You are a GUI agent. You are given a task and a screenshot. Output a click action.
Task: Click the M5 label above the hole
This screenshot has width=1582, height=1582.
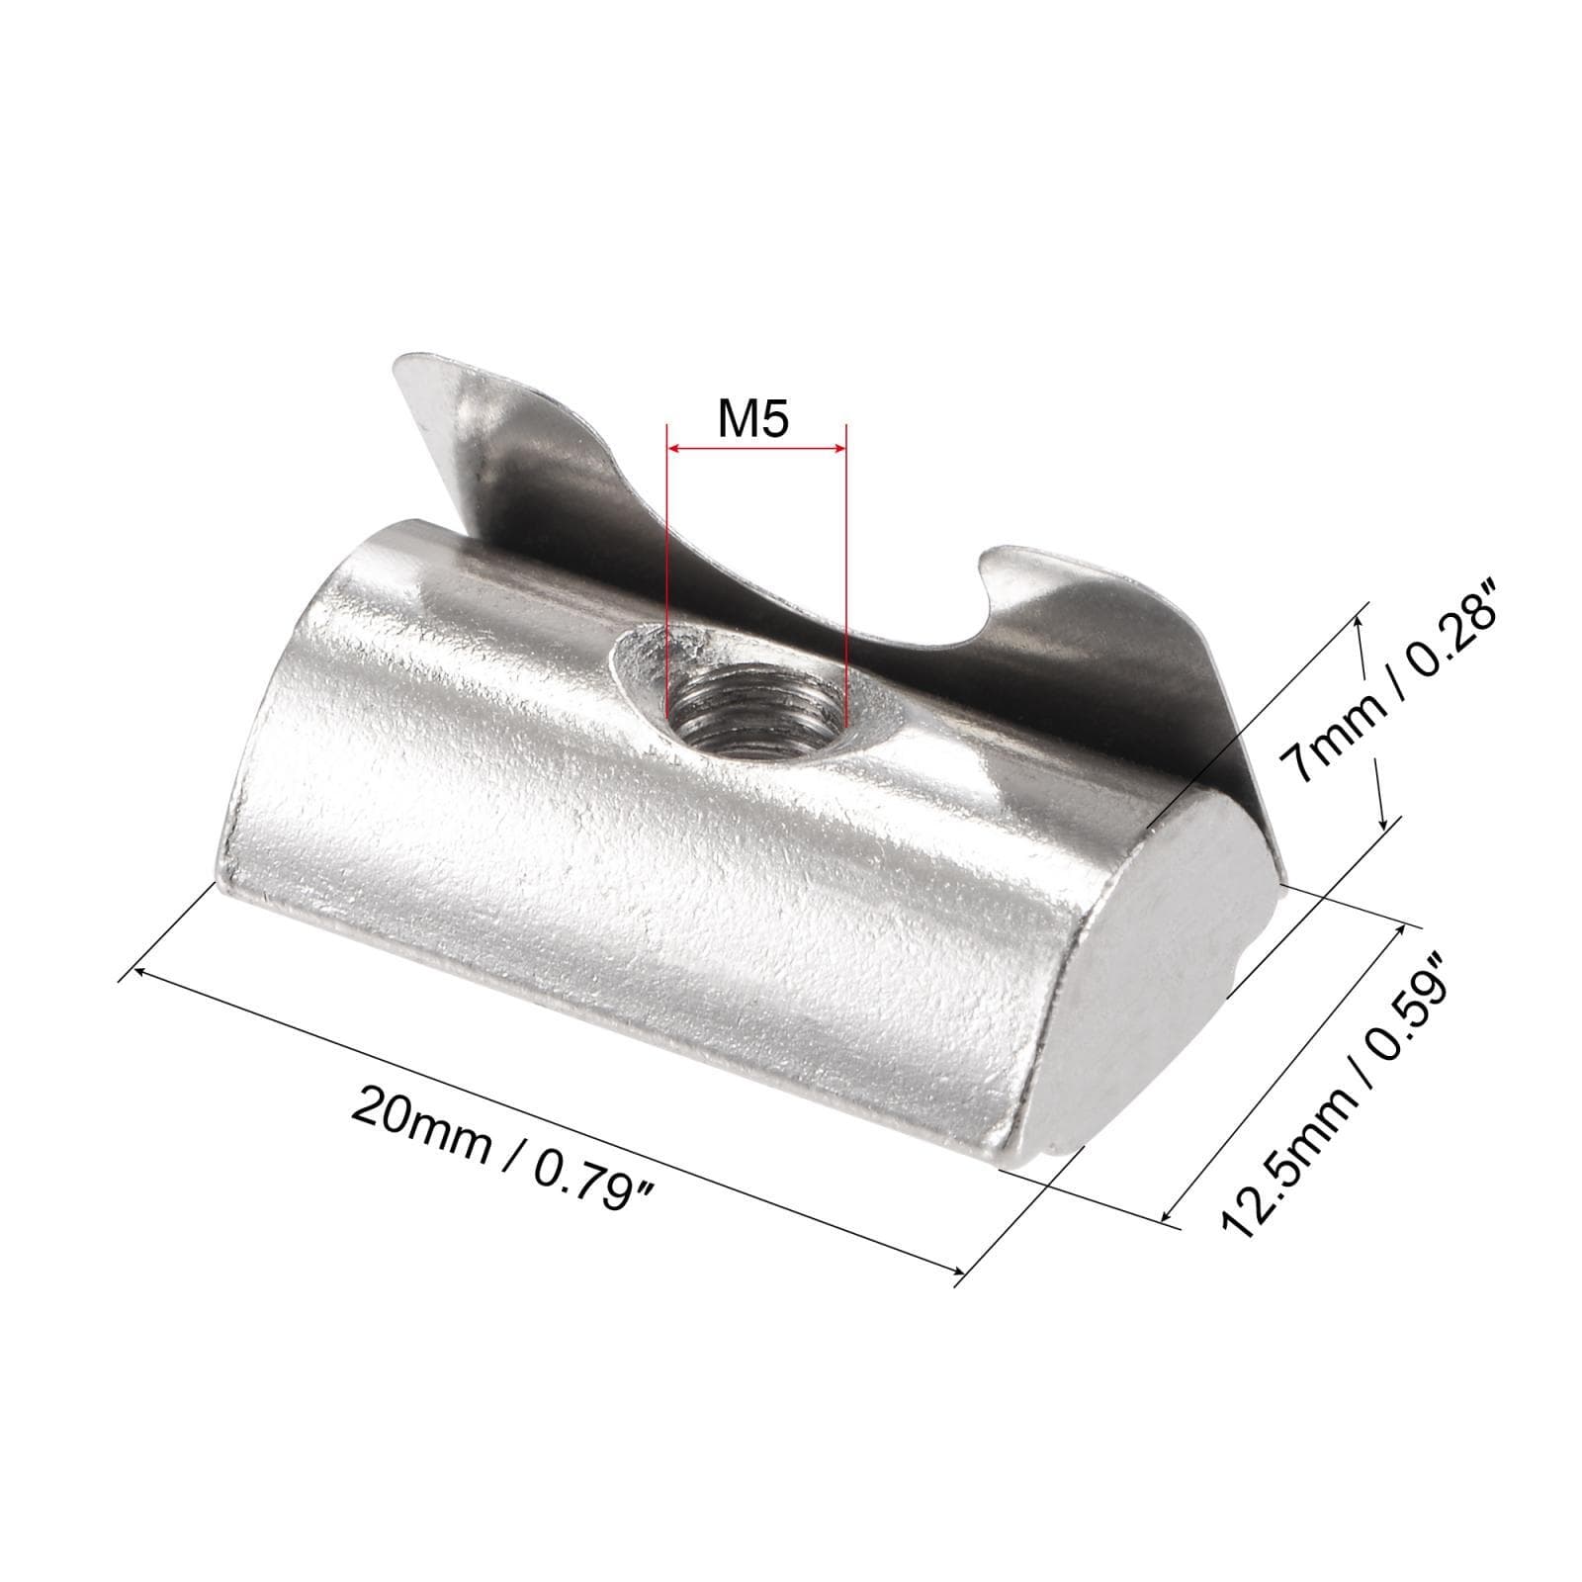pos(753,420)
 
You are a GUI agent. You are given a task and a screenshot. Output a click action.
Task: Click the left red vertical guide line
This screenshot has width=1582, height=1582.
pos(667,593)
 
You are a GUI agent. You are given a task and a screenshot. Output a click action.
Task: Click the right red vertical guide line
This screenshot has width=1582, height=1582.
pos(845,593)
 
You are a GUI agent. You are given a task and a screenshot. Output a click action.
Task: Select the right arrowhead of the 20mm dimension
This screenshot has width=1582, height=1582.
pos(958,1273)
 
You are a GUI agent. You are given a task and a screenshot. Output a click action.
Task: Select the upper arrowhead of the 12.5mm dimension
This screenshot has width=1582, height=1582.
pos(1398,930)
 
